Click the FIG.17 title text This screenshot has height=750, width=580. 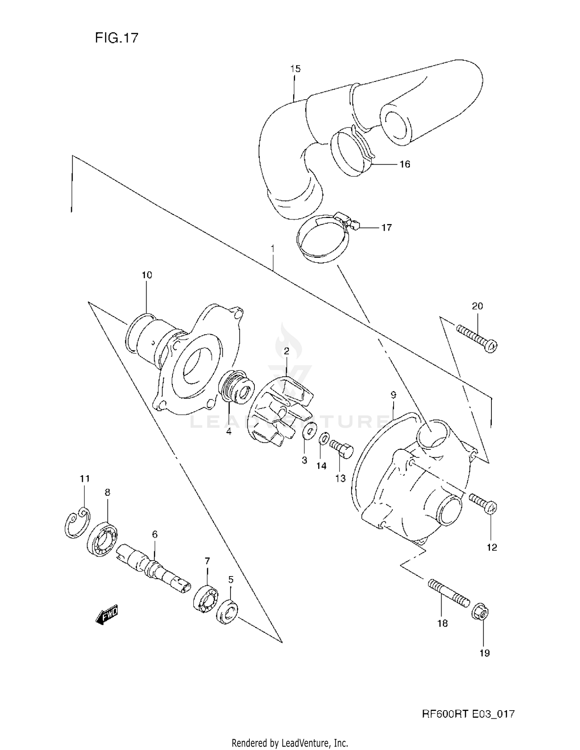point(116,37)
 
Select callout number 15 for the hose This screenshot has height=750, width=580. point(295,69)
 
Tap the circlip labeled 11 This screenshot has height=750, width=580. point(77,524)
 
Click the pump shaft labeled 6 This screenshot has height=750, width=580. point(153,566)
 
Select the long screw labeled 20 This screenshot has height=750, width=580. point(476,338)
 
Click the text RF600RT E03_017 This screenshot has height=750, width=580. point(468,714)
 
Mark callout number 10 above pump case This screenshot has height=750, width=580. point(147,275)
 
